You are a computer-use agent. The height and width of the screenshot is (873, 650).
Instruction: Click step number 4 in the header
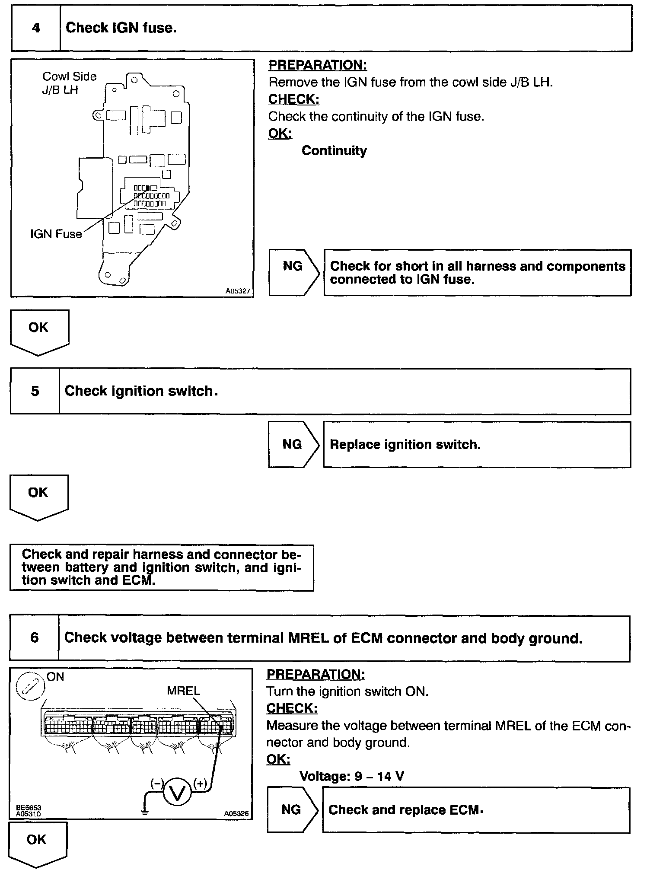point(36,28)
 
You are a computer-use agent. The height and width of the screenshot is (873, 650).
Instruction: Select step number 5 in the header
point(35,391)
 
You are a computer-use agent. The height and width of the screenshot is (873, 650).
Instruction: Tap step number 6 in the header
point(34,637)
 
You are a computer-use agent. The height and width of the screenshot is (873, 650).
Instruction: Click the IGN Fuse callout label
point(56,234)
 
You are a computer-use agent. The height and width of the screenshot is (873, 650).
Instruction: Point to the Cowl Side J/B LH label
point(69,83)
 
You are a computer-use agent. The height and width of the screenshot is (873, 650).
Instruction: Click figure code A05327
point(238,291)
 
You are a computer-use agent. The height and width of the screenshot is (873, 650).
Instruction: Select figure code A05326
point(236,813)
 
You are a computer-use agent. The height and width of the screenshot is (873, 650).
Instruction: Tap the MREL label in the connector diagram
point(183,691)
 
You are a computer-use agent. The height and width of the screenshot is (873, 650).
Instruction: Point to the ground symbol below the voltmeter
point(145,812)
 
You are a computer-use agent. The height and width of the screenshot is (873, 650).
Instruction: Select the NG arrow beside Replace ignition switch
point(293,444)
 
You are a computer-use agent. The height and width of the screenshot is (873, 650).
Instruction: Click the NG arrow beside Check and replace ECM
point(292,809)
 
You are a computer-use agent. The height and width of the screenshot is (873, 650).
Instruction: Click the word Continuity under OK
point(334,151)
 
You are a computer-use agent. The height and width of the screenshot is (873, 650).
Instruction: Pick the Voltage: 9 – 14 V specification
point(352,776)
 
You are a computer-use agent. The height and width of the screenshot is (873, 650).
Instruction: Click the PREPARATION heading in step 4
point(318,65)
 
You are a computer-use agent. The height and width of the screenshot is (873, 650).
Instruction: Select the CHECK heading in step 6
point(292,708)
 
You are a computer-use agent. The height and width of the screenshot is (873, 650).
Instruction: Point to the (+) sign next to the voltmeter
point(200,783)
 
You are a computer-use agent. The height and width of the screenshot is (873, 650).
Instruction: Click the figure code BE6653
point(29,807)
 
